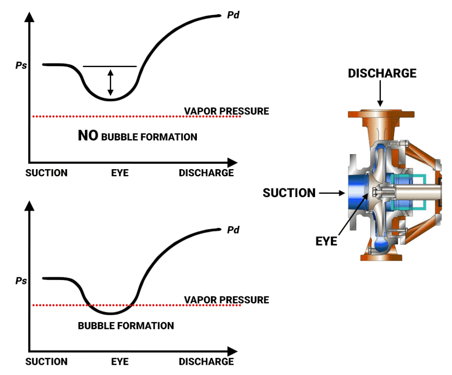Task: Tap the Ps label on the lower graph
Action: click(21, 280)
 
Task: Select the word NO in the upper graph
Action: click(88, 136)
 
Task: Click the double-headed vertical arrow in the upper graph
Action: click(110, 83)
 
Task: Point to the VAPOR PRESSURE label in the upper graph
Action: click(226, 111)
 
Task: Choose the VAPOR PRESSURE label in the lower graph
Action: click(226, 300)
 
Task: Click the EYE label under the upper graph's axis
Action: click(120, 173)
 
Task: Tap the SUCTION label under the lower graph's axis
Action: click(46, 361)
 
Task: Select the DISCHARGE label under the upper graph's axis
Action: click(206, 173)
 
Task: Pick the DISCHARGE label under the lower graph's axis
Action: click(206, 361)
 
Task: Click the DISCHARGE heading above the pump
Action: click(382, 73)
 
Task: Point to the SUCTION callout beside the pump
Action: click(289, 193)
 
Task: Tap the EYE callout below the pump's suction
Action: click(326, 241)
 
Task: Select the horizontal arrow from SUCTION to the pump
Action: click(331, 193)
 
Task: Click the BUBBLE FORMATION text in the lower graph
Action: click(126, 326)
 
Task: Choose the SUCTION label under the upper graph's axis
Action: click(46, 173)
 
